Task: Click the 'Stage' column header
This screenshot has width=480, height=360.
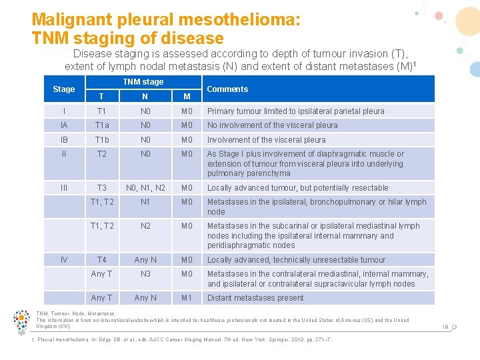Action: [x=64, y=89]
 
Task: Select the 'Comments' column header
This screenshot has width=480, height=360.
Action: [x=227, y=89]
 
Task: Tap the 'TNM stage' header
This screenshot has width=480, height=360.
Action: [x=143, y=82]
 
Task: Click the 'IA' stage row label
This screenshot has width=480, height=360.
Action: [x=64, y=125]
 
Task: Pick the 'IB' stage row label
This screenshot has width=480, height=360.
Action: [x=64, y=140]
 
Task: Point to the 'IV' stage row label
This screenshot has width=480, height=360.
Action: [x=64, y=260]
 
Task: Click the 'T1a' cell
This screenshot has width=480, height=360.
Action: [x=102, y=125]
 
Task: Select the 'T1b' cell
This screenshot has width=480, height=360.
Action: [x=102, y=140]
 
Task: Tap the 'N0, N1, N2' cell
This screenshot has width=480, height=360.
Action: [x=146, y=188]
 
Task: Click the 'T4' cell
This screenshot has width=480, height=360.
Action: [x=102, y=260]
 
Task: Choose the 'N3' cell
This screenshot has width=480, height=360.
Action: [x=146, y=274]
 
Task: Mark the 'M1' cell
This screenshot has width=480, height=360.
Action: [x=187, y=298]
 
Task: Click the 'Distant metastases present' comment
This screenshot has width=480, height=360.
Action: [x=255, y=298]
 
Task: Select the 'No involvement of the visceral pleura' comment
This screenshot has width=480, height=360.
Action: [x=272, y=125]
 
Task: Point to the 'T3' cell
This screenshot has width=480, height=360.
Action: [x=102, y=188]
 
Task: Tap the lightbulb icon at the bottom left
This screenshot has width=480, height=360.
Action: [x=21, y=323]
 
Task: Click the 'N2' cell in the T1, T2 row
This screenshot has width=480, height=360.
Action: [x=146, y=226]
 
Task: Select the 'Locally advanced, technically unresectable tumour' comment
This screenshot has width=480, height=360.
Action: [x=296, y=260]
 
